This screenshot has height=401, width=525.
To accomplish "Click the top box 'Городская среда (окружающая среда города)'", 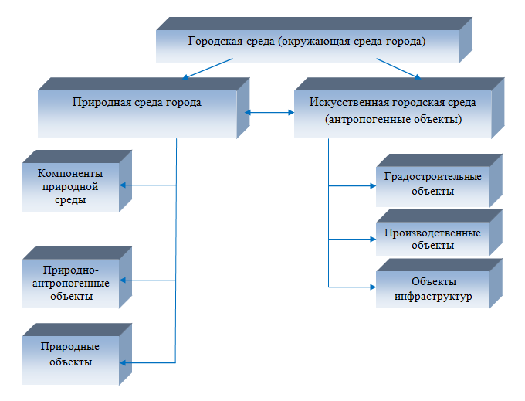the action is tap(314, 40).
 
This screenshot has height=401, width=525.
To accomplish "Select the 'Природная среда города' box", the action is tap(144, 108).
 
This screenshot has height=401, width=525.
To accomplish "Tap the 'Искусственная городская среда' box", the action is tap(399, 108).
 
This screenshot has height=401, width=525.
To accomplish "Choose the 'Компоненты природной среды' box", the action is tap(77, 181).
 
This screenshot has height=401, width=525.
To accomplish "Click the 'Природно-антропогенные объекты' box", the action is tap(77, 277).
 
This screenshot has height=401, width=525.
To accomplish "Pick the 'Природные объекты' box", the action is tap(77, 354).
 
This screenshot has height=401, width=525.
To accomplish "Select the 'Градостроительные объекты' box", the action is tap(439, 181).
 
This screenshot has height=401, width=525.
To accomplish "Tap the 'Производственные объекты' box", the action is tap(439, 233).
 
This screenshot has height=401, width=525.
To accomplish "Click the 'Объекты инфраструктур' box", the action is tap(439, 284).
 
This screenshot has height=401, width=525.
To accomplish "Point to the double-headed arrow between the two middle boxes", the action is tap(269, 113).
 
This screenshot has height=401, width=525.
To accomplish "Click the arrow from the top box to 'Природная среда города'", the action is tap(208, 69).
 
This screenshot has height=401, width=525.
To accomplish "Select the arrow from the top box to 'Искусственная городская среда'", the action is tap(398, 69).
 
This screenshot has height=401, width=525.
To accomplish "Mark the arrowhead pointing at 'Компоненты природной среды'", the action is tap(123, 185).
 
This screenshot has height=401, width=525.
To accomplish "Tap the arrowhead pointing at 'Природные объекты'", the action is tap(123, 363).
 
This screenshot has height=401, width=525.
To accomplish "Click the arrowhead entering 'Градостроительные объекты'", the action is tap(373, 185).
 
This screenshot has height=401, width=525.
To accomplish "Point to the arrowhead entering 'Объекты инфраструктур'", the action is tap(373, 287).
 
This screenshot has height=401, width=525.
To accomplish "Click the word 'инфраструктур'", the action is tap(433, 297).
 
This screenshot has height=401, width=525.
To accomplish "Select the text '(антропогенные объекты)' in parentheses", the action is tap(394, 119).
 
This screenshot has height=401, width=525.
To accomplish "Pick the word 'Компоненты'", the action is tap(70, 173).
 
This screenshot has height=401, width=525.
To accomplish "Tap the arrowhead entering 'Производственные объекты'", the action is tap(373, 240).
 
